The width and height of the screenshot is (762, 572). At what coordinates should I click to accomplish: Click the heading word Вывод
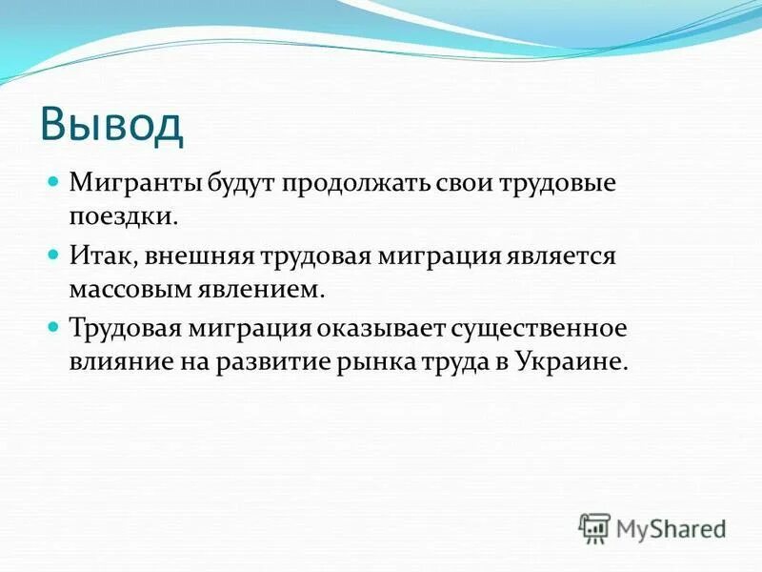click(x=111, y=126)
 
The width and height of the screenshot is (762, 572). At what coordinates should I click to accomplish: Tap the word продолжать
click(x=351, y=182)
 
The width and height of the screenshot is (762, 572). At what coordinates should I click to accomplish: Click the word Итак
click(x=99, y=255)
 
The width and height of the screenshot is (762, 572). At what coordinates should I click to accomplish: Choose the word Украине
click(x=574, y=361)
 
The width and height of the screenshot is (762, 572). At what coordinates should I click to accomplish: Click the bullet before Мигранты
click(x=53, y=180)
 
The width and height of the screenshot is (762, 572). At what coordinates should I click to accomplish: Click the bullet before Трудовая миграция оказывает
click(x=53, y=326)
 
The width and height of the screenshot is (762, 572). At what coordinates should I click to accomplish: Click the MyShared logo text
click(x=671, y=527)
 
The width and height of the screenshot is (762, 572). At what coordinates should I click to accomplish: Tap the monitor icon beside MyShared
click(x=594, y=527)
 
